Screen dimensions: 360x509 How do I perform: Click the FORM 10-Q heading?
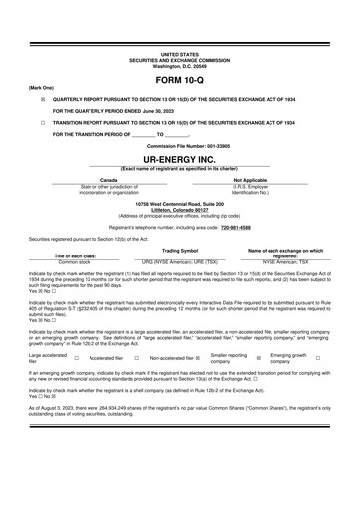tap(180, 77)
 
